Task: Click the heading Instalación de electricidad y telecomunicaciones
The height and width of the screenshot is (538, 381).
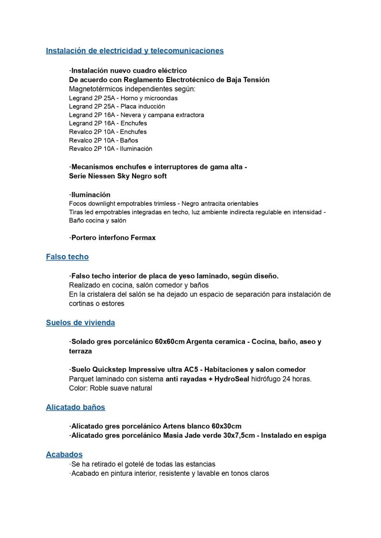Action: (x=135, y=51)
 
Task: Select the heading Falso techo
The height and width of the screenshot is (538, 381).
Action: (x=67, y=257)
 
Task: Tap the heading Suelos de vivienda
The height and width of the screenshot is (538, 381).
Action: (x=80, y=323)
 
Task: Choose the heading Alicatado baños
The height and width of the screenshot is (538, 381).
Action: (x=75, y=407)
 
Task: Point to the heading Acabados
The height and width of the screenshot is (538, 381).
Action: (x=64, y=455)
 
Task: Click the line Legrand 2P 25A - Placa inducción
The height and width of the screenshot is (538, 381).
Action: (x=117, y=107)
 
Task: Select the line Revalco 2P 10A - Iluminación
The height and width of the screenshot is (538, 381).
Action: (x=110, y=149)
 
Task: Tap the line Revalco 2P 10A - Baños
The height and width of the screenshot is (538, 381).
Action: (x=103, y=140)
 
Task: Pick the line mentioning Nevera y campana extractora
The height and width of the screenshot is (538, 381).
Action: (x=136, y=115)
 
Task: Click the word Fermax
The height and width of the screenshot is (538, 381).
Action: (x=143, y=238)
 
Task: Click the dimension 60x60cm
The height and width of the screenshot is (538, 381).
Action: (x=169, y=342)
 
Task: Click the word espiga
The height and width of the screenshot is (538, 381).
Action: (x=315, y=436)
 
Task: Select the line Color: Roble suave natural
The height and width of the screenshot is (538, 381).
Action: (x=110, y=388)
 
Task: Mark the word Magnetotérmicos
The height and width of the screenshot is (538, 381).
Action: (x=96, y=89)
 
